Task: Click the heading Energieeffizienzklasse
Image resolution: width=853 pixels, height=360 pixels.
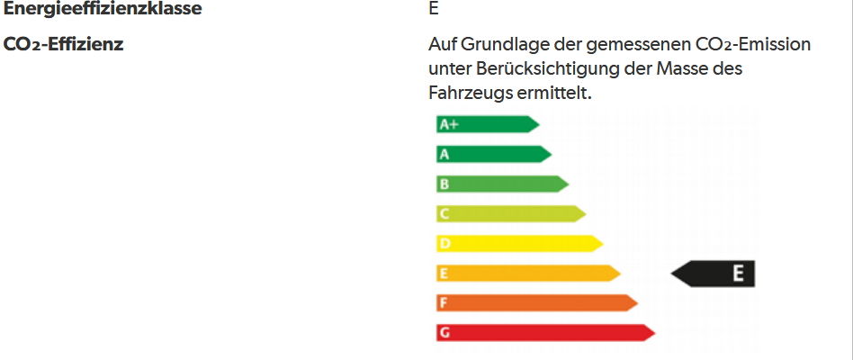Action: (x=103, y=11)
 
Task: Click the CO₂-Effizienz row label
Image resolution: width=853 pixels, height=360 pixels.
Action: (x=64, y=43)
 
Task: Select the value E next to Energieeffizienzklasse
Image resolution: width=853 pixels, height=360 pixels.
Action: (x=435, y=11)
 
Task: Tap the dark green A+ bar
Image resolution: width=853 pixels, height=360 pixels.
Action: (x=487, y=124)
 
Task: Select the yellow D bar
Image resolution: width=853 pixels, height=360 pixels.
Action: (x=518, y=243)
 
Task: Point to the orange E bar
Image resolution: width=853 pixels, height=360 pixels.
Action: (x=527, y=273)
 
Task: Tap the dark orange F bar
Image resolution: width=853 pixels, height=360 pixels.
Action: (x=536, y=302)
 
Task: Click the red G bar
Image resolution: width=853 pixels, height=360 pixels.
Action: (x=544, y=332)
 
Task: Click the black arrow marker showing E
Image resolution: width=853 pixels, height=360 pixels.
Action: (x=715, y=274)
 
